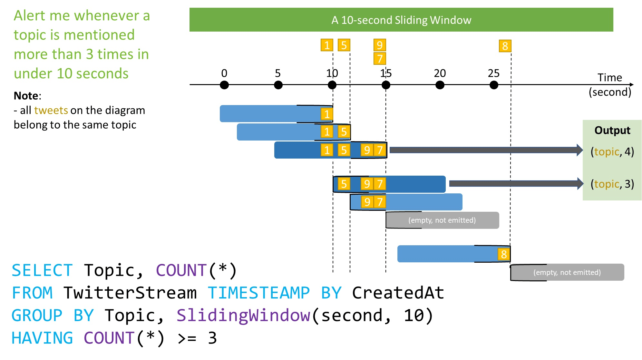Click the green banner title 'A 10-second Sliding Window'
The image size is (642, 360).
point(401,20)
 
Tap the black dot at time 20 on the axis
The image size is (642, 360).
point(440,85)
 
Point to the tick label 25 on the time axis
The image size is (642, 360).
point(493,73)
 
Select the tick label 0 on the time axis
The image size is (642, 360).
point(224,73)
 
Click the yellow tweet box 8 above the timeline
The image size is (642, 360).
point(505,46)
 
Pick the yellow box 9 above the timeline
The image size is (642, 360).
point(380,45)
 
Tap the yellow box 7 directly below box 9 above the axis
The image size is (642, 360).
point(380,59)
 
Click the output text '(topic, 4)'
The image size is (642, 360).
point(612,151)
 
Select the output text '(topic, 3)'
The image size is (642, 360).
point(612,184)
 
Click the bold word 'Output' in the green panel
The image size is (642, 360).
point(612,130)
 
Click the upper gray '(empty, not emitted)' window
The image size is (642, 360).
point(442,220)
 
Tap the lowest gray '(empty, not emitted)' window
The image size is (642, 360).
point(567,272)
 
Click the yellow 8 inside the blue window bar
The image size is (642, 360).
point(504,254)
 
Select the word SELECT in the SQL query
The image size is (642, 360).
point(42,270)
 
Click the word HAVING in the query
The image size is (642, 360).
point(42,338)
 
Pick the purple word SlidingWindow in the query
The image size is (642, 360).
point(243,315)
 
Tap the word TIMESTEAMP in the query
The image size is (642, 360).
point(258,293)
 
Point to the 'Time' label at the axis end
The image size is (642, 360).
point(609,77)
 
